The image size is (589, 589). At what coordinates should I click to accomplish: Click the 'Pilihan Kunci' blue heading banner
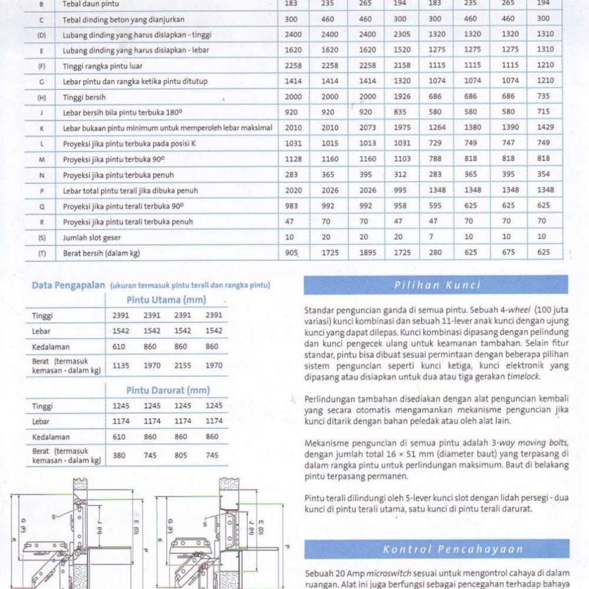[436, 285]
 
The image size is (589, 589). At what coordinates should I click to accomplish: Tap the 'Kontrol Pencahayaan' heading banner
[436, 550]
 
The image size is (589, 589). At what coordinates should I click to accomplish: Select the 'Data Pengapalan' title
[68, 286]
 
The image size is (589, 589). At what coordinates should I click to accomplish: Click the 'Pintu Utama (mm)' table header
[166, 300]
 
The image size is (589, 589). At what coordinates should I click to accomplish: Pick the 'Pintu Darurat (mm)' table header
[167, 390]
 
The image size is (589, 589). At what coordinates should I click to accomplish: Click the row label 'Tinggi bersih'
[84, 97]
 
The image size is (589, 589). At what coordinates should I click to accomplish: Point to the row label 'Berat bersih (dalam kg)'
[101, 253]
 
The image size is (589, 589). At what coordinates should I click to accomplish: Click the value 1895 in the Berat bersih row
[367, 253]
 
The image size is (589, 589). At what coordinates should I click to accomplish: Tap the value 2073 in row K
[367, 128]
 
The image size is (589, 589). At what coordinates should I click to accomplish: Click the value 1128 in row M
[293, 159]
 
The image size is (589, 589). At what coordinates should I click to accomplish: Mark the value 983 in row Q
[293, 206]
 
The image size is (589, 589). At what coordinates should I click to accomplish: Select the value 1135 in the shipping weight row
[121, 365]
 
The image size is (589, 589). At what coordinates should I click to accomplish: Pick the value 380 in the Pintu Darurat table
[121, 455]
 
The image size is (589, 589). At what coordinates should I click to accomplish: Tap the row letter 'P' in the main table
[41, 190]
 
